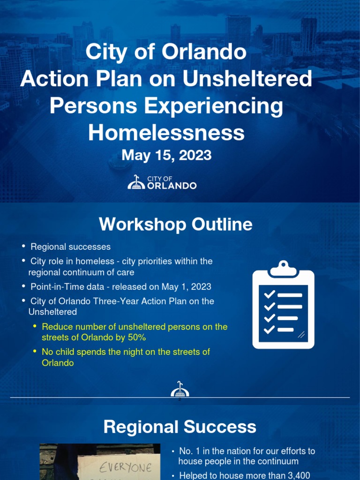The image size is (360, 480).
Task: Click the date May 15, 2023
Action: tap(166, 155)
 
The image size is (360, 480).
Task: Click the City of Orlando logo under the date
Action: tap(162, 182)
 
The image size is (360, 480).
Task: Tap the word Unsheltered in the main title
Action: tap(247, 79)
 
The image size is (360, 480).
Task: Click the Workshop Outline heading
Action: tap(175, 225)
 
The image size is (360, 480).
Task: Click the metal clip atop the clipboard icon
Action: tap(283, 269)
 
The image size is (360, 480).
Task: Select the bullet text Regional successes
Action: tap(70, 247)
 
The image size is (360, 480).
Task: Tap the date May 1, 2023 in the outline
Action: tap(187, 286)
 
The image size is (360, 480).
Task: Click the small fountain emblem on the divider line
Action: tap(180, 390)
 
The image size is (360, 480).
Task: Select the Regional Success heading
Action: tap(180, 427)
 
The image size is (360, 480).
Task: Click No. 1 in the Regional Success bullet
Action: tap(186, 451)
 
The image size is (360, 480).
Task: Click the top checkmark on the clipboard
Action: tap(269, 295)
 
